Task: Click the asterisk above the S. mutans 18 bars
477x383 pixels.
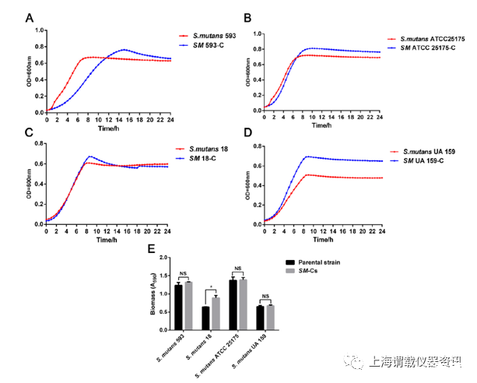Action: (x=211, y=287)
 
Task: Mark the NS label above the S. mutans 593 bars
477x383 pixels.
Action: (x=184, y=273)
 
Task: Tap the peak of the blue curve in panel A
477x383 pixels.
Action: (x=124, y=50)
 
